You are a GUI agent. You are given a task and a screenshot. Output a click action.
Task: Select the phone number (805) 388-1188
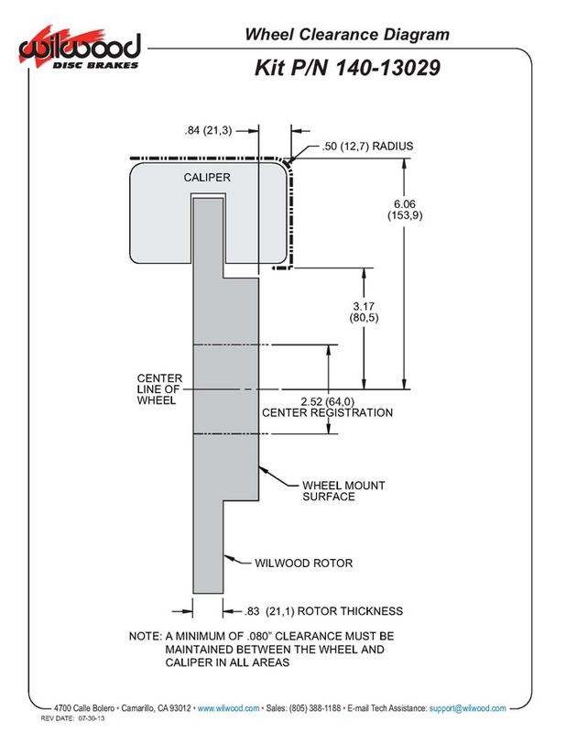(311, 708)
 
